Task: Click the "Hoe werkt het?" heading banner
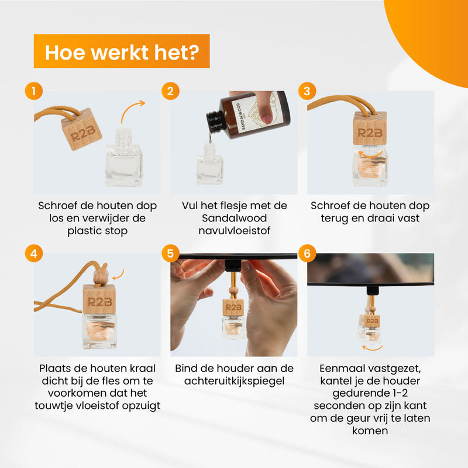tap(122, 51)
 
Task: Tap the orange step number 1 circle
tap(34, 91)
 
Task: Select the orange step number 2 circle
tap(170, 91)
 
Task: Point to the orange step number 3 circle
tap(307, 91)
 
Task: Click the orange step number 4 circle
tap(34, 254)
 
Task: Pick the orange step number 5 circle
tap(170, 254)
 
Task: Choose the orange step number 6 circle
tap(307, 254)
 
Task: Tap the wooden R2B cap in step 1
tap(81, 129)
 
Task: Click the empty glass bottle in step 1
tap(123, 158)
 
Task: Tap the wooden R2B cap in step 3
tap(370, 129)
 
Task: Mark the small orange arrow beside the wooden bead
tap(118, 275)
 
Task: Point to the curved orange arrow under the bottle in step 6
tap(373, 348)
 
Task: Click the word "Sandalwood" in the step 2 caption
tap(235, 218)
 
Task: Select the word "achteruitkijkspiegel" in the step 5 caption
tap(235, 381)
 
